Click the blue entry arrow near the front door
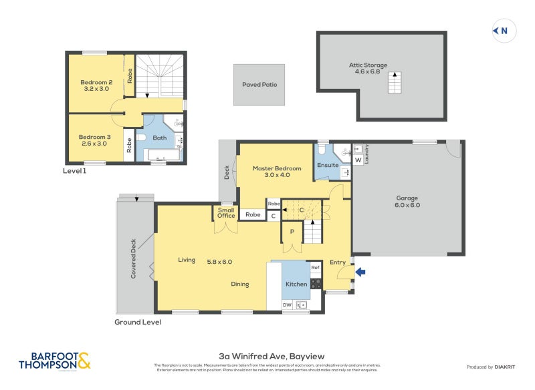[361, 272]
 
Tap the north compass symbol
[502, 30]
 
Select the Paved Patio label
[259, 85]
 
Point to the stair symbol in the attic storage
[394, 84]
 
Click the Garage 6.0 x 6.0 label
[407, 201]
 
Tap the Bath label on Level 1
[159, 138]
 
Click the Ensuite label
[328, 164]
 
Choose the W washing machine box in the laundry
[358, 160]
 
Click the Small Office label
[226, 212]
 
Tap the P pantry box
[292, 232]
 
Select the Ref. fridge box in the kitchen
[315, 268]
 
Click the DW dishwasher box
[287, 305]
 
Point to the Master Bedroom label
[277, 172]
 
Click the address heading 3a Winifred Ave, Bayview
[267, 356]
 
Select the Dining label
[240, 284]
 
